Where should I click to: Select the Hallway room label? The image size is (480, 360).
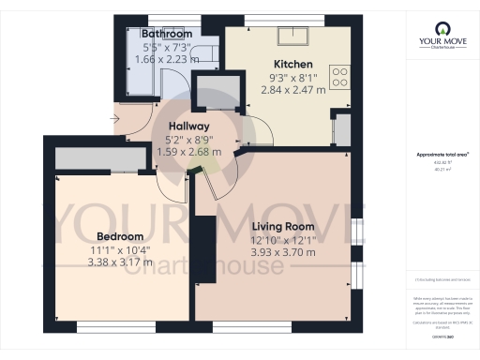click(188, 127)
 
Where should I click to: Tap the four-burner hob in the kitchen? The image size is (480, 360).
click(341, 75)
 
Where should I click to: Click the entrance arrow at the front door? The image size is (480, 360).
click(114, 118)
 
